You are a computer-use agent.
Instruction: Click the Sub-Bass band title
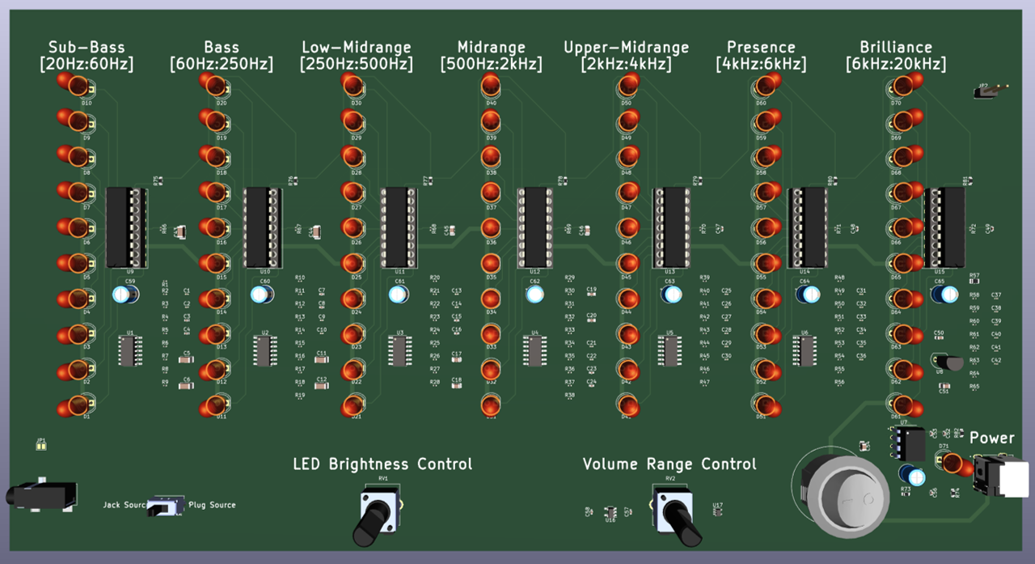coord(87,48)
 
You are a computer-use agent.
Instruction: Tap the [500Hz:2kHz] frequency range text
coord(491,64)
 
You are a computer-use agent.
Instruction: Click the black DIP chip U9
coord(127,227)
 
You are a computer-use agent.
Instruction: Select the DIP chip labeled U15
coord(944,227)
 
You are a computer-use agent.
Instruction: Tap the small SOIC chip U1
coord(128,351)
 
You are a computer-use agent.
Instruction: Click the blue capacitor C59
coord(125,295)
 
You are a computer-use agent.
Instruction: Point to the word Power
coord(991,438)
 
